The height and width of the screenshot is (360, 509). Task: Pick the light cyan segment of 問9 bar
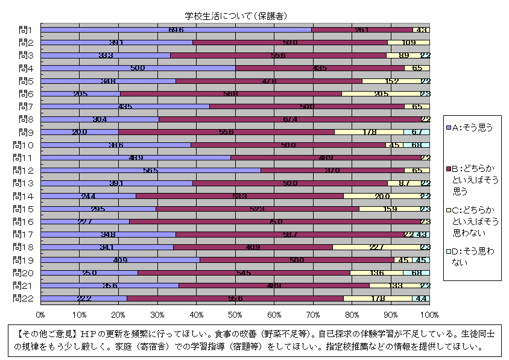417,132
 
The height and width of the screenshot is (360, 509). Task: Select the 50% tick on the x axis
235,315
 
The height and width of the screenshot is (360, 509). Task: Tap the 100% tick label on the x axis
429,315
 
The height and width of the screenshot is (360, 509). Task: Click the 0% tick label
40,315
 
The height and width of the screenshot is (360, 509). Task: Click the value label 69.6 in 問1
176,30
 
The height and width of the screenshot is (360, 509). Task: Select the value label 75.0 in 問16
275,221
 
